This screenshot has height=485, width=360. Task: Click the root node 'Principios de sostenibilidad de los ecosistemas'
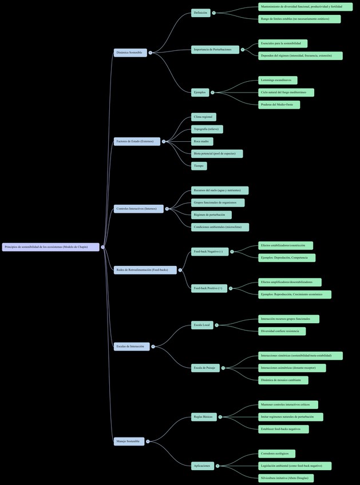coord(50,247)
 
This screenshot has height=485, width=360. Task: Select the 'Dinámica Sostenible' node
coord(130,53)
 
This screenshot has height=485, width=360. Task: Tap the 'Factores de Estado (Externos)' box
coord(137,141)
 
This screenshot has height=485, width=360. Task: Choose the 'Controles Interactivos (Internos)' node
coord(139,209)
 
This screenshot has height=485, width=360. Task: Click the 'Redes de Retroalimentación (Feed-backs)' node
coord(145,270)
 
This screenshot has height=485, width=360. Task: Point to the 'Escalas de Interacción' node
coord(131,347)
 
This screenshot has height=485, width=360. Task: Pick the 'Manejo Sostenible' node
coord(129,441)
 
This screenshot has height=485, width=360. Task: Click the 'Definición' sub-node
coord(201,13)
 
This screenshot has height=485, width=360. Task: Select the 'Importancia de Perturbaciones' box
coord(215,50)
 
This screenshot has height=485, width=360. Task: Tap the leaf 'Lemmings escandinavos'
coord(278,80)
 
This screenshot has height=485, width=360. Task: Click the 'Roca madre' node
coord(202,141)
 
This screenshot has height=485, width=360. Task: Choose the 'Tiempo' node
coord(199,166)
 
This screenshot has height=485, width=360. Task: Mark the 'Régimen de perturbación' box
coord(211,215)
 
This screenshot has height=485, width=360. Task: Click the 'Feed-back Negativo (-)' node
coord(209,251)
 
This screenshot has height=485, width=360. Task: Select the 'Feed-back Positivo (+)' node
coord(209,288)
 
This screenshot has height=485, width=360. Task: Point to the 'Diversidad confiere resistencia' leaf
coord(282,331)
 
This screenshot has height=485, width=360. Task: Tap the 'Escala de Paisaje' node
coord(205,368)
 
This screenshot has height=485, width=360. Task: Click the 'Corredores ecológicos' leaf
coord(276,454)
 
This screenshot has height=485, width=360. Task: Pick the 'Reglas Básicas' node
coord(204,417)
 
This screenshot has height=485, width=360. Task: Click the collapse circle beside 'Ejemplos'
coord(212,92)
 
